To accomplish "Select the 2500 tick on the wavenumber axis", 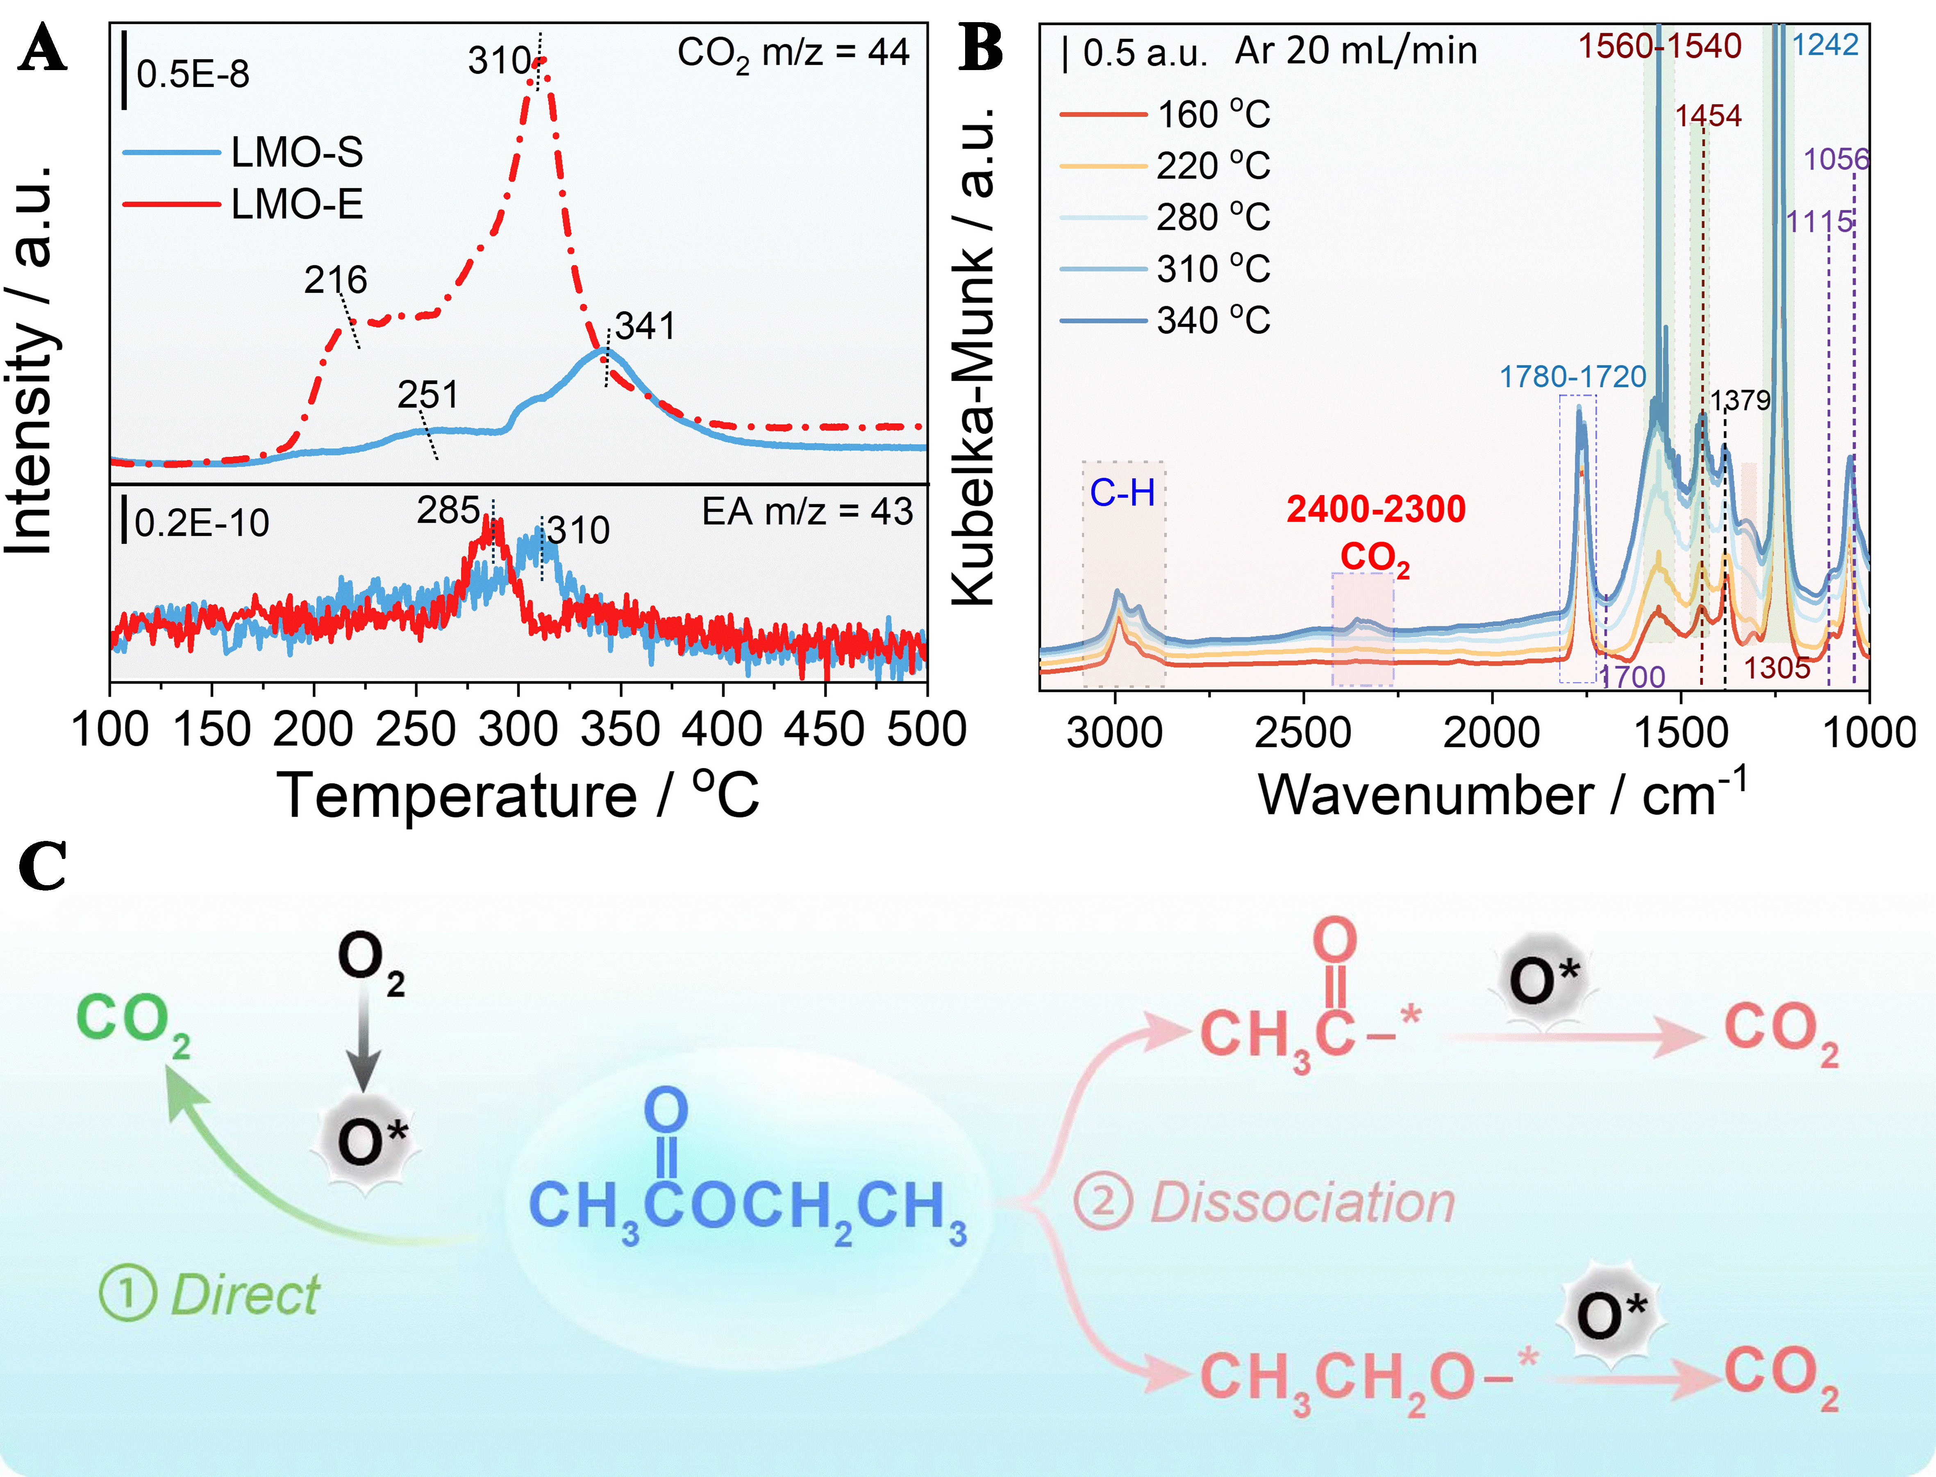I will click(1303, 732).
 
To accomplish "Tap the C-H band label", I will click(1123, 493).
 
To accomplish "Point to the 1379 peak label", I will click(1740, 401).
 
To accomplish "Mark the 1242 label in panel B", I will click(1825, 45).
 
